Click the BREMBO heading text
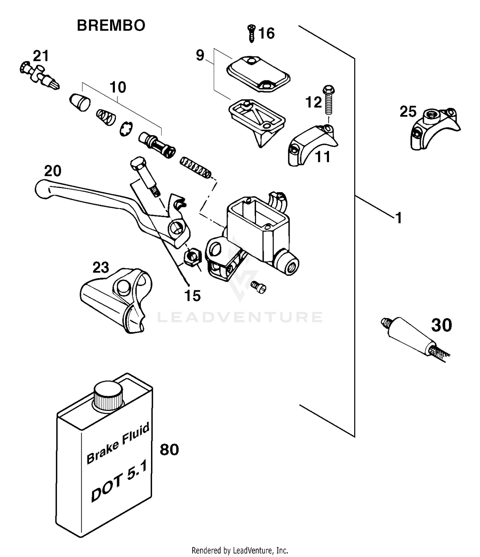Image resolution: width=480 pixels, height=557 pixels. (x=111, y=26)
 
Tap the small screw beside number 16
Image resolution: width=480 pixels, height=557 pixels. (x=252, y=33)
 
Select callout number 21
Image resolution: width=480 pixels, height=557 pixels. (x=41, y=56)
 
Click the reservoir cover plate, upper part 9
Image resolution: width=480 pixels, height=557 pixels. (x=258, y=73)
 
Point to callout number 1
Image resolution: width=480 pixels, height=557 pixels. (x=398, y=218)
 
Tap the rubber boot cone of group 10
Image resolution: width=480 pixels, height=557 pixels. (x=80, y=102)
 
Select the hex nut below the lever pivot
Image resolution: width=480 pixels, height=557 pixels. (x=192, y=257)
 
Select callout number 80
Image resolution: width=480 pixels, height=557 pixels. (x=169, y=450)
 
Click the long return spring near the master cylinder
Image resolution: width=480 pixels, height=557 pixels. (x=196, y=168)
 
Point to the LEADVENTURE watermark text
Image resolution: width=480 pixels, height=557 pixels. (x=240, y=317)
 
